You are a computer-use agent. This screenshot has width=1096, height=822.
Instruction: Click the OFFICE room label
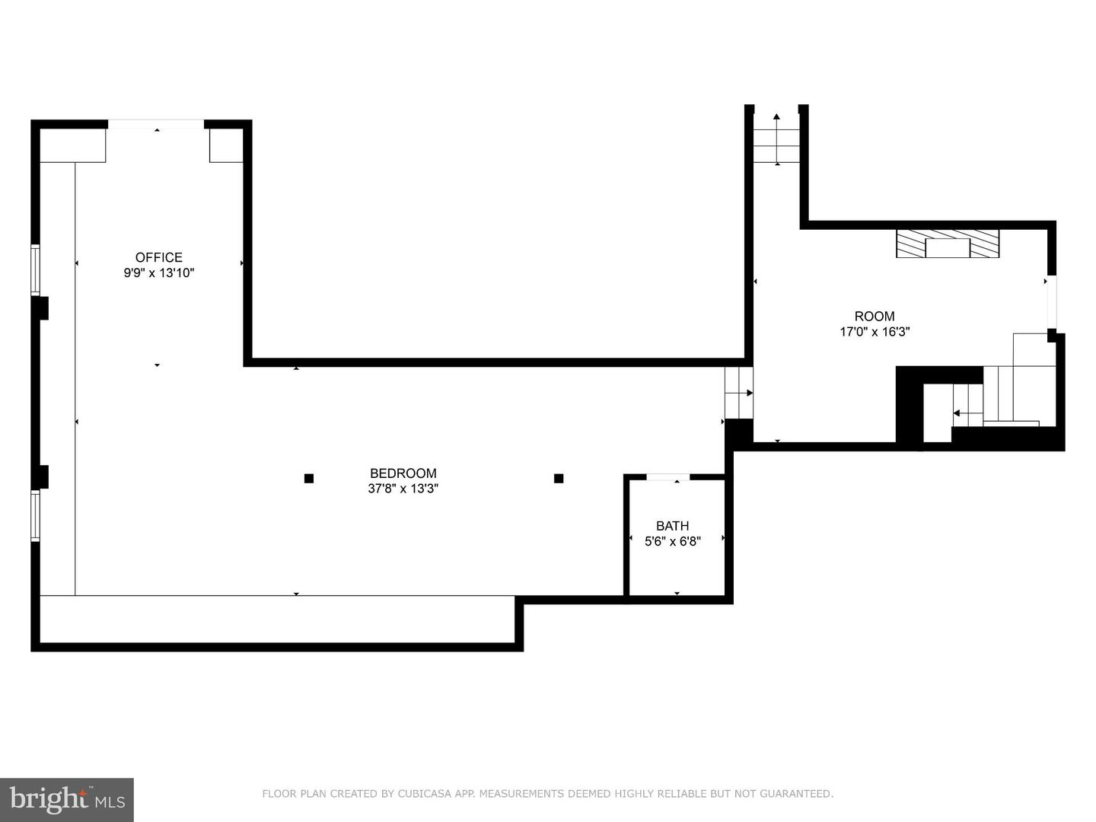(158, 257)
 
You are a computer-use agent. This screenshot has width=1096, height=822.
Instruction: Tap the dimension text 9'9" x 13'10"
(158, 273)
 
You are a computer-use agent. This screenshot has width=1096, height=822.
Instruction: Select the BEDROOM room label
(403, 473)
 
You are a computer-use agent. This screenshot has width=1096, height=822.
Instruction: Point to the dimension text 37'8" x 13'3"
(403, 489)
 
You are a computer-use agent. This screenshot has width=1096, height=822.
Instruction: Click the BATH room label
(672, 526)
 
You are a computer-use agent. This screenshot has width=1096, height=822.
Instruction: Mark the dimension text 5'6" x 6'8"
(672, 541)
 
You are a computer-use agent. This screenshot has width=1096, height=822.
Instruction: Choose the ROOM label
(874, 317)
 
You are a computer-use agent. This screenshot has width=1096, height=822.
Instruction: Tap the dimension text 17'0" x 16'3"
(874, 332)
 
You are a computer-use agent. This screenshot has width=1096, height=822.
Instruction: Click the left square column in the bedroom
(309, 479)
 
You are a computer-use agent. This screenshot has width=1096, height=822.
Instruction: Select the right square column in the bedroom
(559, 479)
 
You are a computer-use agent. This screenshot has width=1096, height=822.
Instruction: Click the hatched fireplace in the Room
(947, 244)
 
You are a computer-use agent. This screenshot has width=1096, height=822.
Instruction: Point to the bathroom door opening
(667, 477)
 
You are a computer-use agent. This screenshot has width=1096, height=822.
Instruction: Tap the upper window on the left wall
(35, 269)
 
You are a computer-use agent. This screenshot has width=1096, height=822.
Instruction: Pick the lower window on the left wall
(35, 515)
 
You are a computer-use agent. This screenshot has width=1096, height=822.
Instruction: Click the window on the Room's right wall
(1052, 301)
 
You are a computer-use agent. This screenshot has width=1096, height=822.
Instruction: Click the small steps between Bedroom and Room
(738, 393)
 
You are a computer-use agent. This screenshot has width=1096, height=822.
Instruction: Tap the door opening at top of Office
(156, 124)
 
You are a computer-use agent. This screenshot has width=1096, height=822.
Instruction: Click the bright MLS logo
(67, 799)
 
